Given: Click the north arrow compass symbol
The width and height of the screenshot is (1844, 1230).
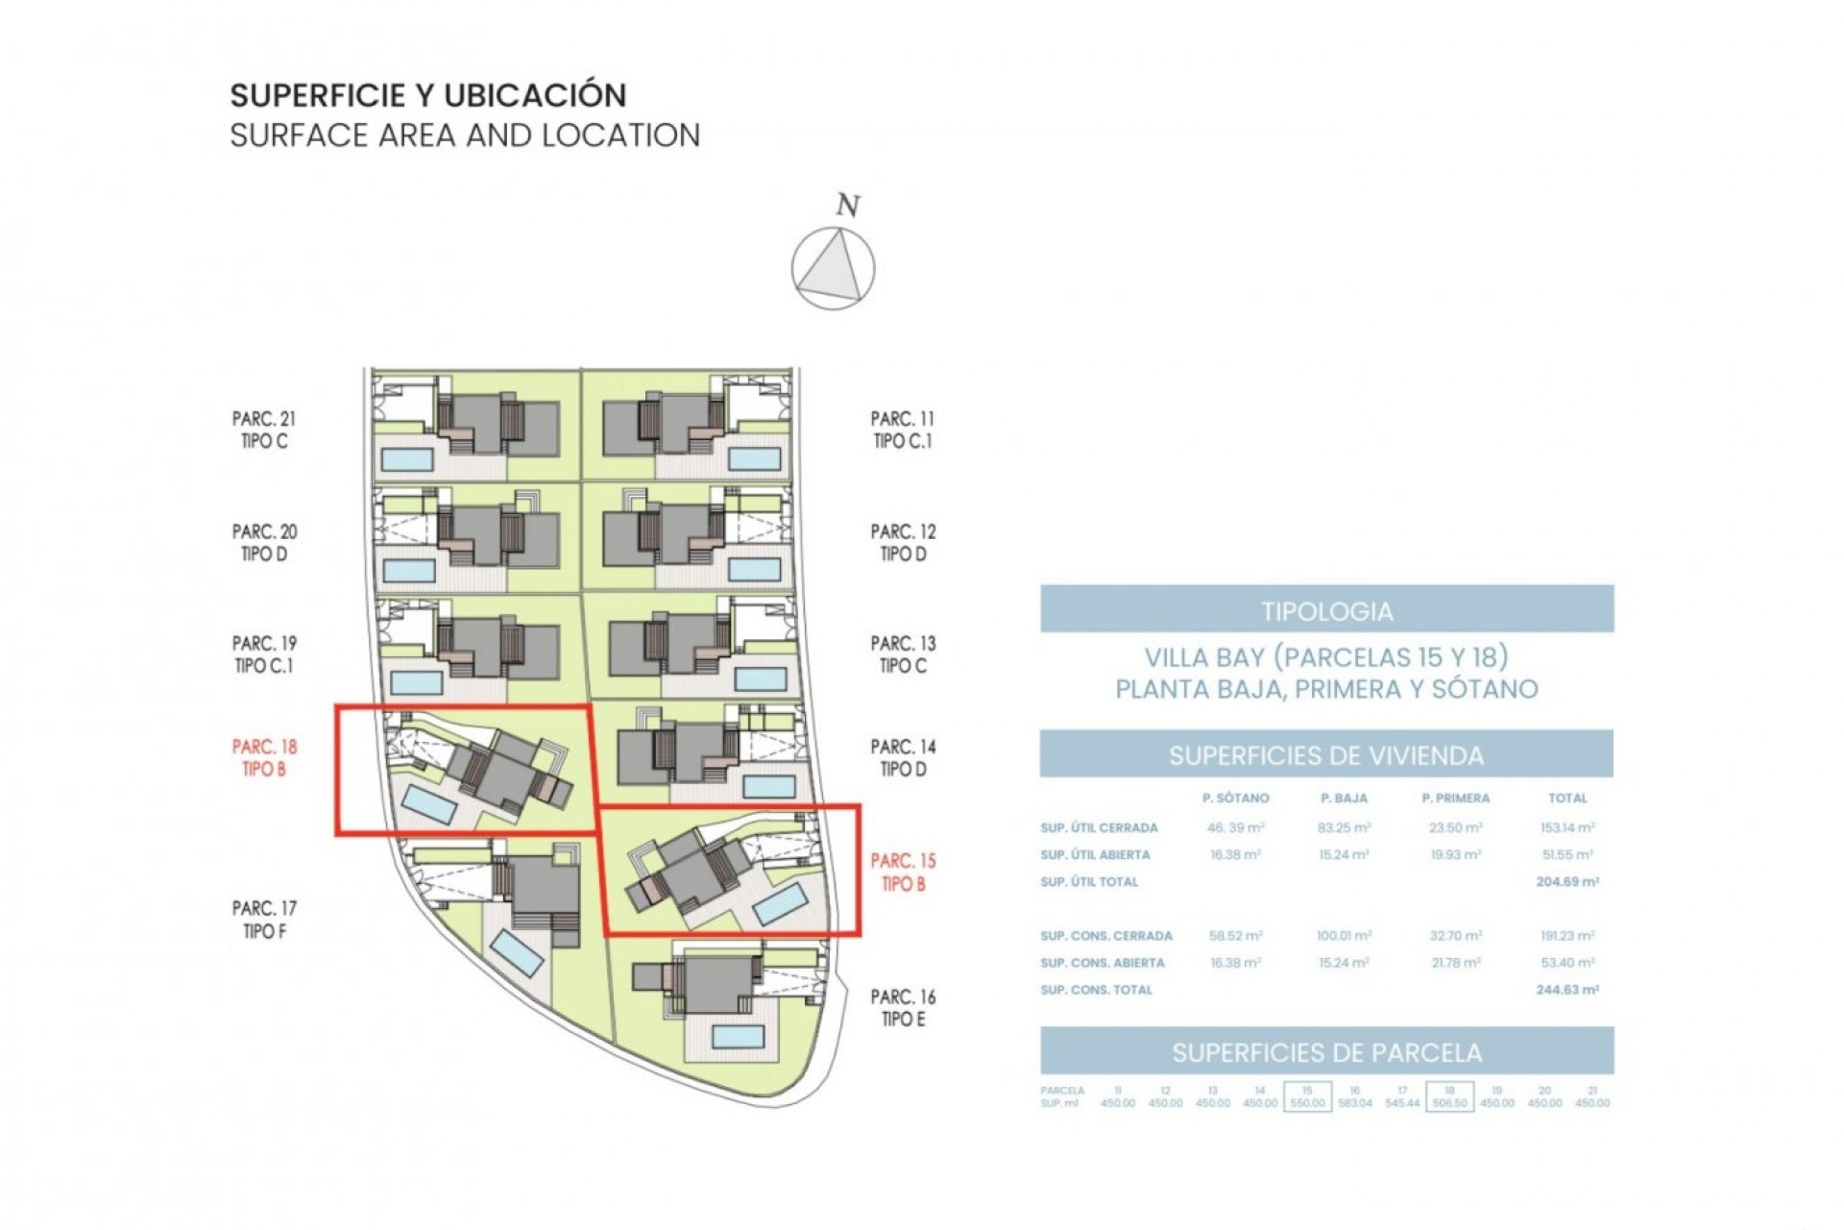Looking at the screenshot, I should [x=833, y=267].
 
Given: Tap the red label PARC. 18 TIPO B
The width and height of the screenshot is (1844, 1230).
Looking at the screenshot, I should [x=264, y=757].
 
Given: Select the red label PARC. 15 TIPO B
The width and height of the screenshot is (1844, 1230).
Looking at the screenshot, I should [x=903, y=872].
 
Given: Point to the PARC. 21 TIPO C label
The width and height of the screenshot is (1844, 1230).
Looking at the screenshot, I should [x=264, y=430].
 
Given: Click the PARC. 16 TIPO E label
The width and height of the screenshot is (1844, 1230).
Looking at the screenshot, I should [x=903, y=1008].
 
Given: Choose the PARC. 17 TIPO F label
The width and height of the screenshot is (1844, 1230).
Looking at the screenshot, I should [x=264, y=919].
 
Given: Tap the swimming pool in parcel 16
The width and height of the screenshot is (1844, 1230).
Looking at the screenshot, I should [x=738, y=1036].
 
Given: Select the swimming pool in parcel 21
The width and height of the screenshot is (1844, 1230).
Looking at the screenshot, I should [x=407, y=458].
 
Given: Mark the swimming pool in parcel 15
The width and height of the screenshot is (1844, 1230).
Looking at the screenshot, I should [x=780, y=904].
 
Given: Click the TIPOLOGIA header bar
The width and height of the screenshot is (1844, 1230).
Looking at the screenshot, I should [x=1326, y=611].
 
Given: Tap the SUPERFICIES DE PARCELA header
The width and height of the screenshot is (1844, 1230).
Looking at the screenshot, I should [x=1326, y=1052].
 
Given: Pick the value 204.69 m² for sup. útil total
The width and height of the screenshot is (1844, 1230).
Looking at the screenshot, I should [x=1566, y=881].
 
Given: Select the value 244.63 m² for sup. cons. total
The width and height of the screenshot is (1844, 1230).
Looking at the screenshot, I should [x=1566, y=989].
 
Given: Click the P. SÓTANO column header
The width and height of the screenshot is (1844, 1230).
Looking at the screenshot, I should [x=1235, y=798].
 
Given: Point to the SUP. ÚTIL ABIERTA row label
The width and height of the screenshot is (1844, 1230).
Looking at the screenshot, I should [x=1095, y=854].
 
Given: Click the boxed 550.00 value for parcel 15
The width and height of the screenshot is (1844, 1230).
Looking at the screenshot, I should [x=1307, y=1103].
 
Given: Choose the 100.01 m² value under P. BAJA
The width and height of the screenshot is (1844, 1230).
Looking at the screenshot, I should [x=1344, y=935].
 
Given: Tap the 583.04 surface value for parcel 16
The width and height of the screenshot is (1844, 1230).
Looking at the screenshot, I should [x=1354, y=1103].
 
